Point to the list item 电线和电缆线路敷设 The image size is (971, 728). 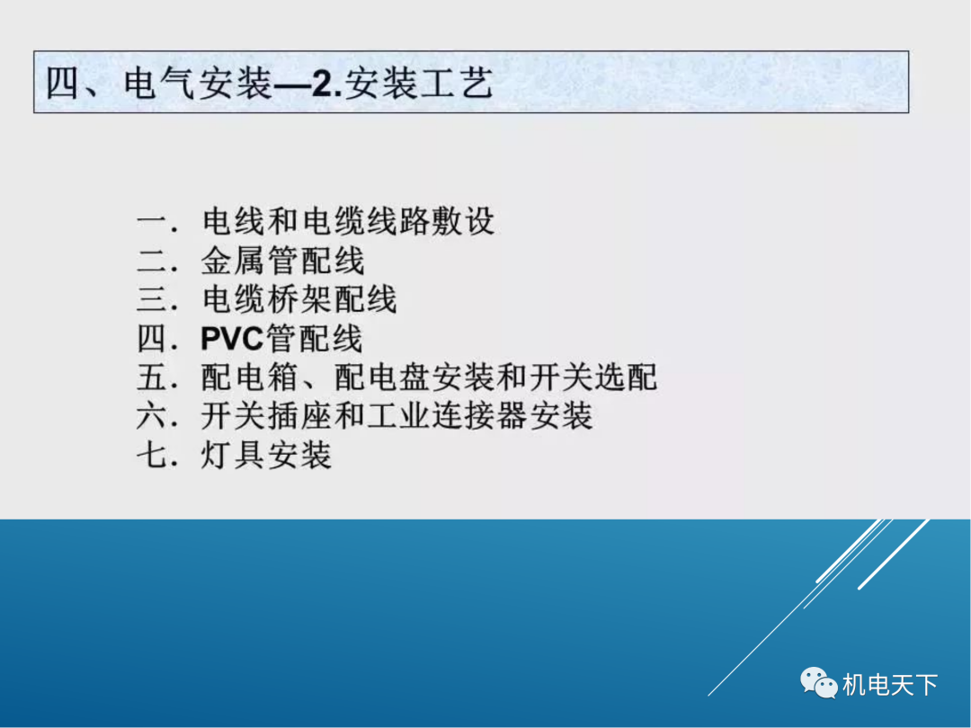click(x=349, y=221)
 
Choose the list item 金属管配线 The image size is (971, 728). click(x=283, y=261)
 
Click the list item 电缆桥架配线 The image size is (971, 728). click(x=299, y=299)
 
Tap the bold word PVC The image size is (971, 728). click(x=231, y=339)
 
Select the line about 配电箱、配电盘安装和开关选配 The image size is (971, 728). click(x=429, y=377)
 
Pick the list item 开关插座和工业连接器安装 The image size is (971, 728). click(x=396, y=416)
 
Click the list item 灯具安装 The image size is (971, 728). click(x=267, y=455)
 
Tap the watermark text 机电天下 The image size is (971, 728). click(x=890, y=685)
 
